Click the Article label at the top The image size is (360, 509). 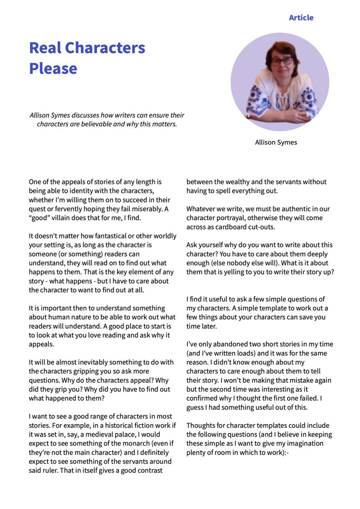pyautogui.click(x=301, y=18)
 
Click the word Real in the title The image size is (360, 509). pyautogui.click(x=46, y=47)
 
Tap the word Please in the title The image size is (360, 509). pyautogui.click(x=53, y=68)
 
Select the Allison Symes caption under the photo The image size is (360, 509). pyautogui.click(x=276, y=142)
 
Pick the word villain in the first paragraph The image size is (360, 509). pyautogui.click(x=63, y=218)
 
